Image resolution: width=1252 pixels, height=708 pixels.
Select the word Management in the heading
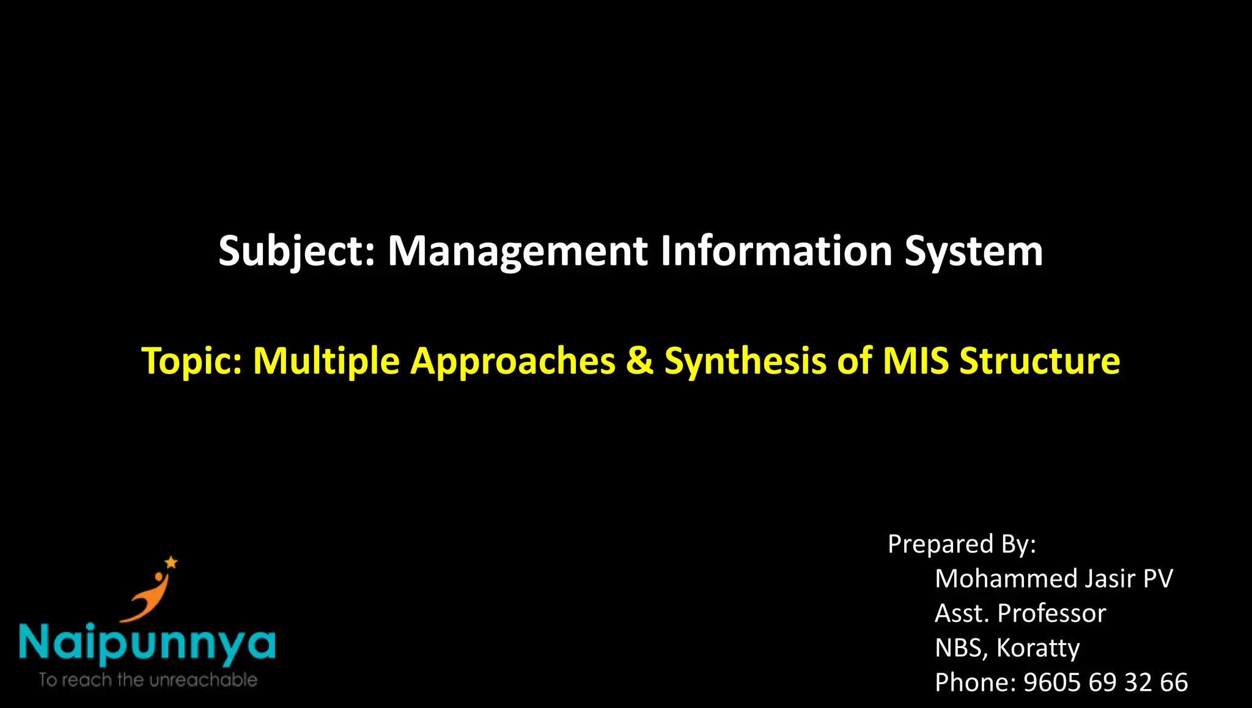pos(517,252)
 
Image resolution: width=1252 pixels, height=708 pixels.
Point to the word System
pos(973,252)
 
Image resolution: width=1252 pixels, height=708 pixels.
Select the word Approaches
pos(512,361)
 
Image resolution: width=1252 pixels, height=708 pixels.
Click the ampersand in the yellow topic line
pos(639,361)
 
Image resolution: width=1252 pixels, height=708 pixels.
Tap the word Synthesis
pos(745,361)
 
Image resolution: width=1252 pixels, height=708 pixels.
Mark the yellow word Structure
pos(1039,361)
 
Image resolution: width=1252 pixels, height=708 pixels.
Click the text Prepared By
pos(961,544)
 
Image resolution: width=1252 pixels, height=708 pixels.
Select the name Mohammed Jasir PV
pos(1053,578)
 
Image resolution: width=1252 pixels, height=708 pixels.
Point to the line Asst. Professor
pos(1020,613)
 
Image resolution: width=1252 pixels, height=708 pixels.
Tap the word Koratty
pos(1037,648)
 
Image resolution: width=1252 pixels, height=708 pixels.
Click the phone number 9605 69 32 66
pos(1105,682)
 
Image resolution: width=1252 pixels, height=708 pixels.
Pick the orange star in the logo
pos(171,562)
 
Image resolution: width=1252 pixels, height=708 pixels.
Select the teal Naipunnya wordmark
pos(147,643)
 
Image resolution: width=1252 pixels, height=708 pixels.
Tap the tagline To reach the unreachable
pos(147,680)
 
